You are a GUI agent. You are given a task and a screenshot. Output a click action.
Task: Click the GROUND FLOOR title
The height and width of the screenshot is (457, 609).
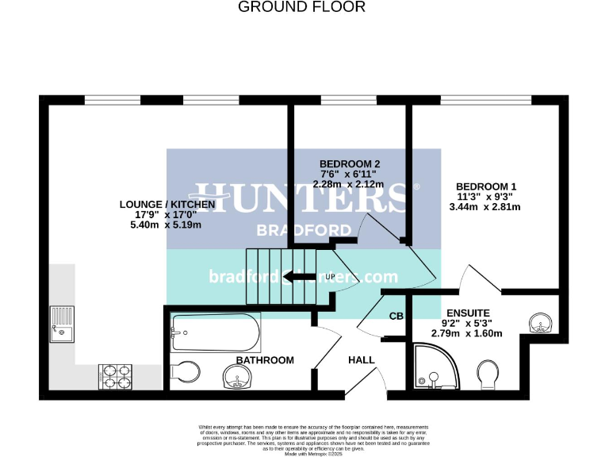(x=302, y=7)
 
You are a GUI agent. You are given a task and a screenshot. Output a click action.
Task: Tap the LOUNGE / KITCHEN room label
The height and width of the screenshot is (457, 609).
(x=167, y=204)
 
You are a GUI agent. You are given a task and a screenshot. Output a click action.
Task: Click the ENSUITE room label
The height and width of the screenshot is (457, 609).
(x=467, y=313)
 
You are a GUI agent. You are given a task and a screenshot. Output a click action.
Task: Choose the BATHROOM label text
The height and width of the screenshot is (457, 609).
(x=265, y=360)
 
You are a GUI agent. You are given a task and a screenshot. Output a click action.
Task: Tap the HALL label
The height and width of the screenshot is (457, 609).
(x=362, y=360)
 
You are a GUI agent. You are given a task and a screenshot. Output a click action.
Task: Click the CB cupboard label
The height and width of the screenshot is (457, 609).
(x=396, y=317)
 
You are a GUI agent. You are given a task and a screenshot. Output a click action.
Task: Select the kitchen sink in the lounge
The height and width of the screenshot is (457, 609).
(x=62, y=324)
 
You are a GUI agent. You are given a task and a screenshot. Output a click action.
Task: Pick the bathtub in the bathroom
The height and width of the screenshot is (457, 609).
(x=216, y=333)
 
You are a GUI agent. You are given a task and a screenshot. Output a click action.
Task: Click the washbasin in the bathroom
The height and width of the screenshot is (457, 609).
(x=238, y=379)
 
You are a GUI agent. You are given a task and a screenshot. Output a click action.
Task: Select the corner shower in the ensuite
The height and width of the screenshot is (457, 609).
(x=435, y=366)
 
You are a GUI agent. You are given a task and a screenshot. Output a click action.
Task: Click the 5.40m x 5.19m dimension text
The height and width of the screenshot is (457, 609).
(x=167, y=225)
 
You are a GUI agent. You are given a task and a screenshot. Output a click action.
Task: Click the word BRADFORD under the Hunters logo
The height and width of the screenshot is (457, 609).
(x=304, y=230)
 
